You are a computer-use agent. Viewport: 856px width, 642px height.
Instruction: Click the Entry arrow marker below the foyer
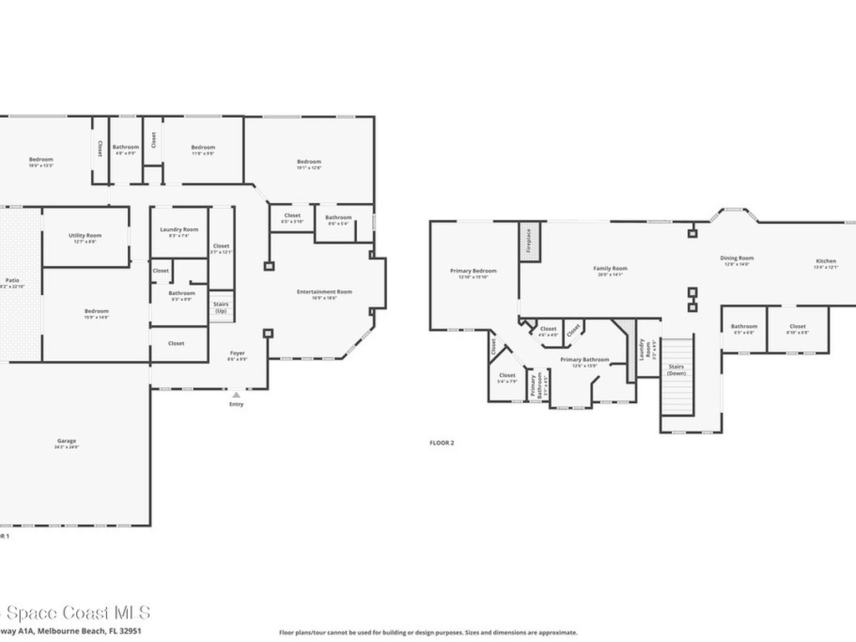click(237, 394)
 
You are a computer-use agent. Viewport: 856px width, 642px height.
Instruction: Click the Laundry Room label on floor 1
click(179, 232)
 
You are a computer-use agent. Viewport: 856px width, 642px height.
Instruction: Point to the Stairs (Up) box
click(221, 308)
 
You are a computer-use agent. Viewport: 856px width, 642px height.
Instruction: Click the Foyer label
click(237, 356)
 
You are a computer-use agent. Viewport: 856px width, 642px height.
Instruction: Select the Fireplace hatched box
click(530, 242)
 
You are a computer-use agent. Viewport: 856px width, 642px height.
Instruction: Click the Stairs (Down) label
click(676, 369)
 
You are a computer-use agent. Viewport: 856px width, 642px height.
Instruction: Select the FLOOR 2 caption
click(441, 443)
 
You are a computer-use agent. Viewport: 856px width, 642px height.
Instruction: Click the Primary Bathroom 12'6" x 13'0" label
click(584, 363)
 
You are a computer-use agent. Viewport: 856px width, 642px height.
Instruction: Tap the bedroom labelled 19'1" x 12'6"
click(308, 165)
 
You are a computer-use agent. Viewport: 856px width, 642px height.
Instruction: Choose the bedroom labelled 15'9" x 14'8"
click(96, 314)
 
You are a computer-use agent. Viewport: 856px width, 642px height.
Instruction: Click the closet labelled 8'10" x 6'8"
click(797, 329)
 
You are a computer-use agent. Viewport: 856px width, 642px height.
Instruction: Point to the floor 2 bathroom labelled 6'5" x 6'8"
click(744, 329)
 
